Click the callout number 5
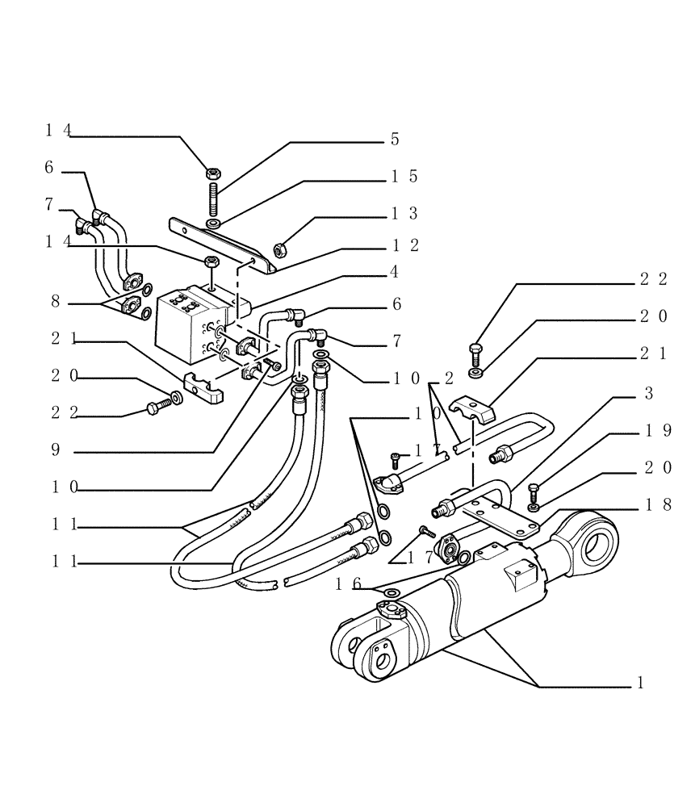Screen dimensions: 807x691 click(395, 139)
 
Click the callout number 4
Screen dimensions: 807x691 click(395, 272)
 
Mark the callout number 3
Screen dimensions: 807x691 click(648, 393)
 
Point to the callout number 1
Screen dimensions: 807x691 click(639, 683)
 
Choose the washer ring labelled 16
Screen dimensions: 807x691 click(391, 595)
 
